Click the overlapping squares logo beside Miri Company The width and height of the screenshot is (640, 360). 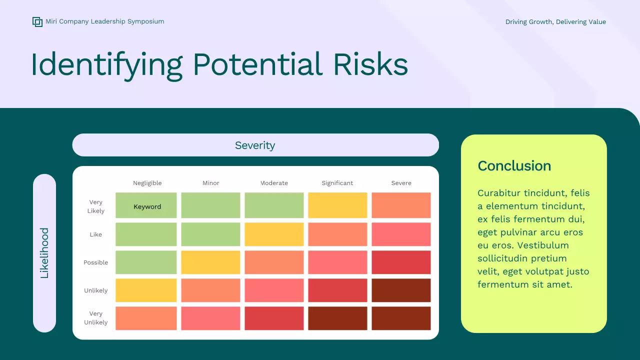click(37, 21)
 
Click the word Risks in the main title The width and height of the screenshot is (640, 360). click(370, 64)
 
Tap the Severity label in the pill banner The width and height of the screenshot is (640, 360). click(255, 145)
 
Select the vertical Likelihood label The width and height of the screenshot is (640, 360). click(44, 253)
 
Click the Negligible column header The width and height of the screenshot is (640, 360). click(147, 183)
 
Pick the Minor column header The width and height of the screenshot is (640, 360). click(211, 183)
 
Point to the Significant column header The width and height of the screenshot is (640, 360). click(337, 183)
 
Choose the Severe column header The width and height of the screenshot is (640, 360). click(401, 183)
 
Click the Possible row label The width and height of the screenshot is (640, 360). click(95, 262)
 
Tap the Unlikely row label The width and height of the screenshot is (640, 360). click(95, 290)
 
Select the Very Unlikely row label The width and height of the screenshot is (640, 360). click(95, 317)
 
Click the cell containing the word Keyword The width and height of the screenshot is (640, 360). click(146, 205)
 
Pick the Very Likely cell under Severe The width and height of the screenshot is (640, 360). click(401, 205)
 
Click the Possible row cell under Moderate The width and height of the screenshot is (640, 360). click(274, 262)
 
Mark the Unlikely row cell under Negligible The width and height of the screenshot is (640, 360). click(146, 290)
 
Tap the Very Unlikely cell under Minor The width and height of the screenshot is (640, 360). click(210, 318)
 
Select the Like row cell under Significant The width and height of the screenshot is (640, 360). click(337, 234)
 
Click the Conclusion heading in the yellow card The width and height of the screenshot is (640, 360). click(514, 166)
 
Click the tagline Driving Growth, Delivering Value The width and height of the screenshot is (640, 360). click(555, 21)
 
